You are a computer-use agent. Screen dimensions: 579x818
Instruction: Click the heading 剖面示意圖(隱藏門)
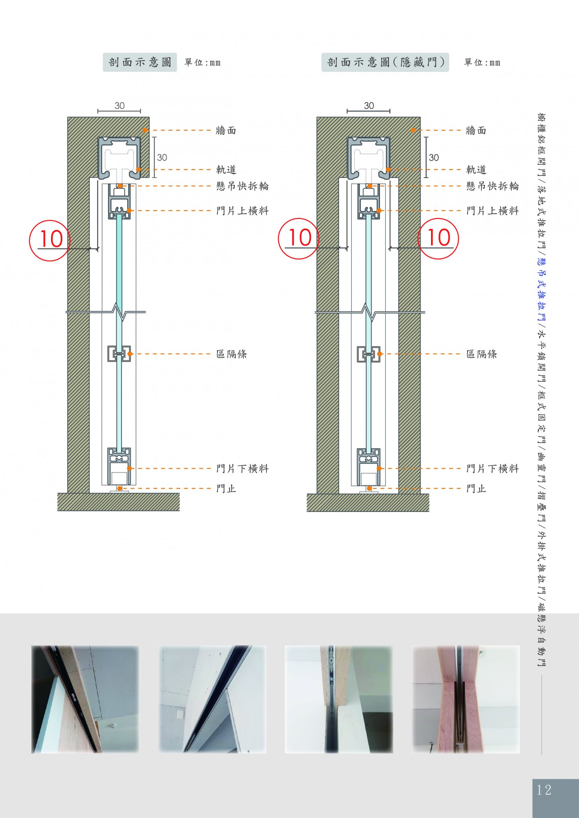[385, 62]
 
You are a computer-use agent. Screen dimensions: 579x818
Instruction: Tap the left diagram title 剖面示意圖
[140, 62]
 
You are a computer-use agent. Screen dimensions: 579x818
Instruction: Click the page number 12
[544, 790]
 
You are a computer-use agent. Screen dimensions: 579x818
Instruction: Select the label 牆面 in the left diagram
[226, 131]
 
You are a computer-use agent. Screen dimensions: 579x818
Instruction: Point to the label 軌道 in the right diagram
[476, 170]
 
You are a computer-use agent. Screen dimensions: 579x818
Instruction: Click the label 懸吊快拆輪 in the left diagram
[242, 186]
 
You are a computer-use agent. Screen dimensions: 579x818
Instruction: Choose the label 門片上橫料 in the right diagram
[493, 211]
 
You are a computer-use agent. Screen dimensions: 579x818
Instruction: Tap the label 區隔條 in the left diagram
[232, 354]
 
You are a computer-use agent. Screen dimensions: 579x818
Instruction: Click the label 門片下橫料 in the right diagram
[493, 468]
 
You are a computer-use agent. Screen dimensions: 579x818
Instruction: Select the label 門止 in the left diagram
[226, 489]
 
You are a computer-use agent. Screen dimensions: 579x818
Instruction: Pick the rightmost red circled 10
[438, 239]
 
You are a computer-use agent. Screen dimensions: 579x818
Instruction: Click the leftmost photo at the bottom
[85, 699]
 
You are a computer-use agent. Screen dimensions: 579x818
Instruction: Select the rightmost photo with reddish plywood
[466, 699]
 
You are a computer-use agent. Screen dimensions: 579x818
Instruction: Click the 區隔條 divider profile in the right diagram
[368, 354]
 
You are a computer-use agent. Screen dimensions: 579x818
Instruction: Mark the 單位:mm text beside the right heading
[482, 63]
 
